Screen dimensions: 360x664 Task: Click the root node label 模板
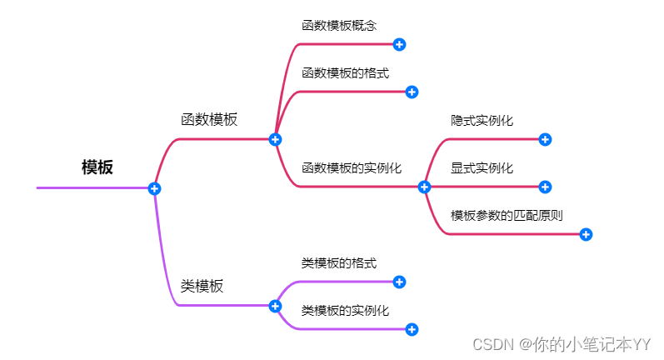pos(97,167)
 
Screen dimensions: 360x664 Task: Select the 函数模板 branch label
pos(209,119)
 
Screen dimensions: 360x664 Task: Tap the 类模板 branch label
pos(202,287)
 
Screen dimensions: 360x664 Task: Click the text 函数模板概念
pos(333,26)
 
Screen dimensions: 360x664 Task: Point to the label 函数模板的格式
pos(345,73)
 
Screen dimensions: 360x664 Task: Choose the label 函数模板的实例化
pos(352,168)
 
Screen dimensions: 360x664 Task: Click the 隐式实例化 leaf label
pos(482,121)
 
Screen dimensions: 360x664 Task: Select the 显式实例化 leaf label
pos(482,168)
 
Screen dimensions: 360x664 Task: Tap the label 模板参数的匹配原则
pos(507,215)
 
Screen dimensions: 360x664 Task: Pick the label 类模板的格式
pos(338,264)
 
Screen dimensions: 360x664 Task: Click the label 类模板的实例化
pos(345,311)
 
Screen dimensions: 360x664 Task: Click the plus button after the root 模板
pos(154,188)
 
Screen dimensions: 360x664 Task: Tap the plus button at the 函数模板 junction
pos(276,139)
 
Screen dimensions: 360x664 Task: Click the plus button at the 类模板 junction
pos(276,306)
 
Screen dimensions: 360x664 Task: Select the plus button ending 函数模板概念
pos(399,44)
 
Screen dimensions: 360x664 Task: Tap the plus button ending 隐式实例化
pos(545,139)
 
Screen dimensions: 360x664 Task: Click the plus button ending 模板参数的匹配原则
pos(586,234)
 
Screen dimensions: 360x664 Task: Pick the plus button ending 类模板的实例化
pos(412,329)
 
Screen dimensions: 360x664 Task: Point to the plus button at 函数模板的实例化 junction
pos(424,187)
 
